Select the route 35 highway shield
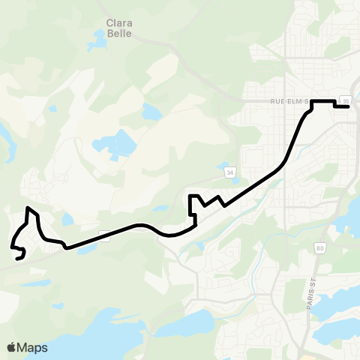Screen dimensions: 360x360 click(x=345, y=100)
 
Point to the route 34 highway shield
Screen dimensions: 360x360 click(x=230, y=173)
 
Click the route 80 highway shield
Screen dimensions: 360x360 click(x=320, y=249)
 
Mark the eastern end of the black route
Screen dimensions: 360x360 click(x=349, y=107)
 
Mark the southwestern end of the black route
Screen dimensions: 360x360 click(x=16, y=259)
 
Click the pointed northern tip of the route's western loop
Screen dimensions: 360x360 click(x=28, y=208)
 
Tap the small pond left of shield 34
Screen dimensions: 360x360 click(x=160, y=209)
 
